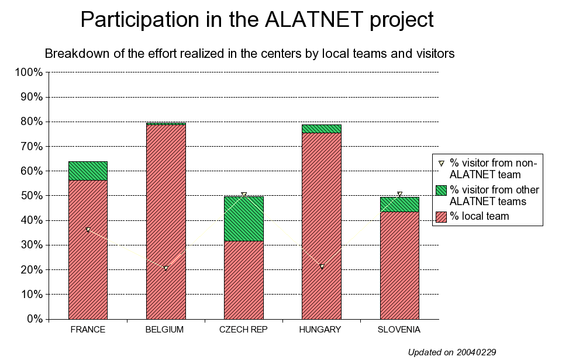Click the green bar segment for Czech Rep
pyautogui.click(x=244, y=219)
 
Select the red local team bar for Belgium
pyautogui.click(x=166, y=221)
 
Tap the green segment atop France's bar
pyautogui.click(x=88, y=171)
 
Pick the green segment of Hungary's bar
pyautogui.click(x=322, y=129)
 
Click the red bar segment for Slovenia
pyautogui.click(x=399, y=265)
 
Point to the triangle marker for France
pyautogui.click(x=88, y=230)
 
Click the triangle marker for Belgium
pyautogui.click(x=166, y=268)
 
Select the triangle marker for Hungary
pyautogui.click(x=322, y=266)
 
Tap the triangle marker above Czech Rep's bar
pyautogui.click(x=244, y=195)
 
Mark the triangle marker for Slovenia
pyautogui.click(x=399, y=195)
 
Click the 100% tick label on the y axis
pyautogui.click(x=29, y=72)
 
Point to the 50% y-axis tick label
pyautogui.click(x=32, y=196)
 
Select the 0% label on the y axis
pyautogui.click(x=35, y=319)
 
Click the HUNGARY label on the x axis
pyautogui.click(x=320, y=330)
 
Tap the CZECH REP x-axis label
pyautogui.click(x=243, y=330)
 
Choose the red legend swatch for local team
pyautogui.click(x=441, y=217)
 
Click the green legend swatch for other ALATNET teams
pyautogui.click(x=441, y=191)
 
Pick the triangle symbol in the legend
pyautogui.click(x=441, y=164)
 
